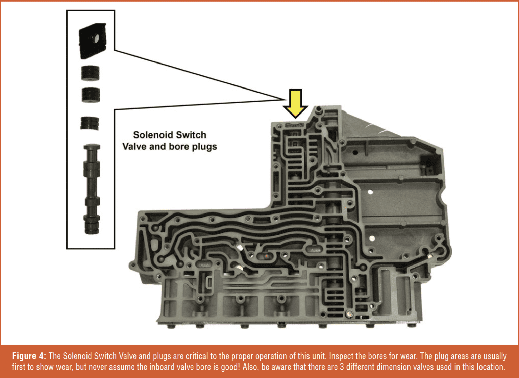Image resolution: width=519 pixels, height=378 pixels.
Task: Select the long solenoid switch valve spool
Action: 92,189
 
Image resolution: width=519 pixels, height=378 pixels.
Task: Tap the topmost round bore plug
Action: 90,73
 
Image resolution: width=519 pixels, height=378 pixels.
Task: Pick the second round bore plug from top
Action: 91,95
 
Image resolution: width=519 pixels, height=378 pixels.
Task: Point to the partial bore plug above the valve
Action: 90,123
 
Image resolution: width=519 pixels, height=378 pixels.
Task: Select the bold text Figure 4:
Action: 29,356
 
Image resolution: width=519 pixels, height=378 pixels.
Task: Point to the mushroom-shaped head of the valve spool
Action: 92,148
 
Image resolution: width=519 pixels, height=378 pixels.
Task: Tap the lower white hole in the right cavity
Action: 372,238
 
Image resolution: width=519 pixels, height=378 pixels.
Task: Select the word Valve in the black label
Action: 134,147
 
